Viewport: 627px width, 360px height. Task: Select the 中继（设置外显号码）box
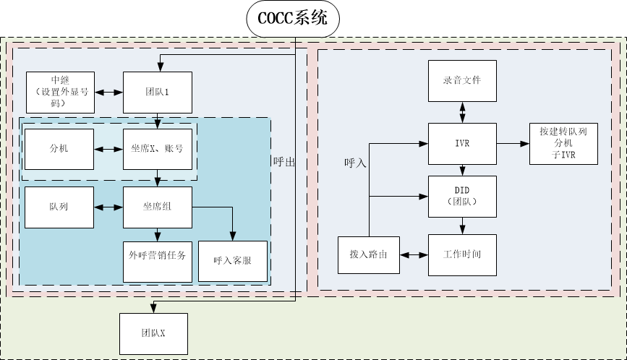59,93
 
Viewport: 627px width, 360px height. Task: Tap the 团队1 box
157,93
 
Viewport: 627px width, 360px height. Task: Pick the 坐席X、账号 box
157,149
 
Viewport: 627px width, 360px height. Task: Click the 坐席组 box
157,207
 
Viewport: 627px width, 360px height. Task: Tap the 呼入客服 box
231,261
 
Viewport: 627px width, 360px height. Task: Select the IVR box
463,143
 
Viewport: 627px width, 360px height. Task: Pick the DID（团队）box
463,195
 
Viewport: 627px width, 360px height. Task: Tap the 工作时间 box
463,254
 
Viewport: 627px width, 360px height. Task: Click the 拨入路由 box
369,254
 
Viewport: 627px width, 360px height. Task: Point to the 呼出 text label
285,162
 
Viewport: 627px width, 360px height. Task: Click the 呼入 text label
355,163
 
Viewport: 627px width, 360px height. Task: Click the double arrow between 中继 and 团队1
108,93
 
